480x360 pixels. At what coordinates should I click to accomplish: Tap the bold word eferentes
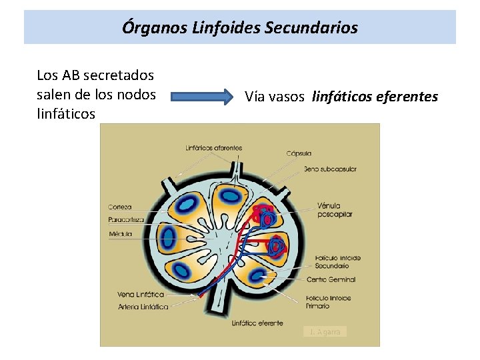407,97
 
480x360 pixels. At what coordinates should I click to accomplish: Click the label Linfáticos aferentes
213,148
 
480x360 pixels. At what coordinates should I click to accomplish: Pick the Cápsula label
299,153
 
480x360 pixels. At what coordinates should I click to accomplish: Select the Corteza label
120,207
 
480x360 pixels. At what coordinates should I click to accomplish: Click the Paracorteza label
126,220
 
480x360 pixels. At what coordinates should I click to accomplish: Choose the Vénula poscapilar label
335,210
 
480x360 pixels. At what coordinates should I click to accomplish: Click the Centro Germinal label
331,279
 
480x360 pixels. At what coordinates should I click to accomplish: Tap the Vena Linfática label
140,294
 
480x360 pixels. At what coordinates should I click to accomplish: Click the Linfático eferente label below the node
257,323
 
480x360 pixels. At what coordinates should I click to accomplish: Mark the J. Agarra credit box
325,331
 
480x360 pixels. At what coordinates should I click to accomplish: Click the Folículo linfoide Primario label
328,302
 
